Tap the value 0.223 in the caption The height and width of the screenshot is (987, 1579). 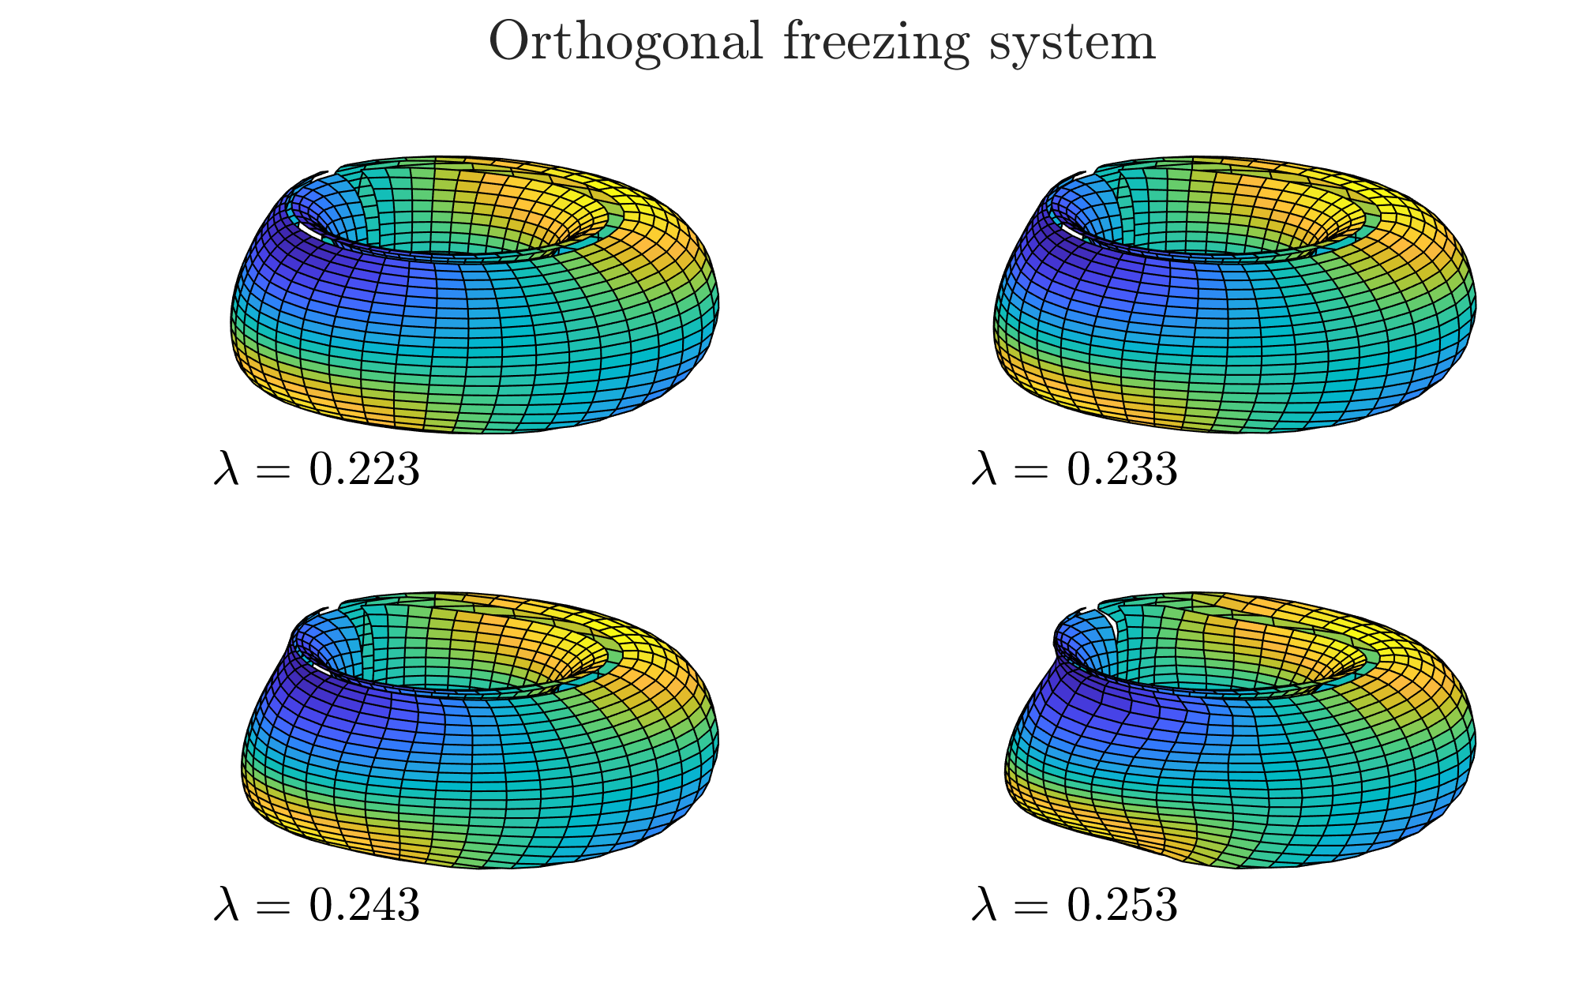[364, 470]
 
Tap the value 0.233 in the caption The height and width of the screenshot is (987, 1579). [1122, 470]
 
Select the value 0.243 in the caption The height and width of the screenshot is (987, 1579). [364, 905]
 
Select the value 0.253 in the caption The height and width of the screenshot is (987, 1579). [1122, 905]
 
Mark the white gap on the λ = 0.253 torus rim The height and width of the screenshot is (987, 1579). [1112, 623]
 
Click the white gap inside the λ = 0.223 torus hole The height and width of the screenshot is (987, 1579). [309, 230]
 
